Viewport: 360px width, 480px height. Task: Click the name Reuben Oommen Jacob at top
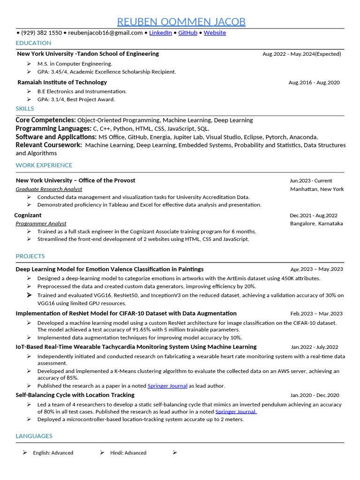tap(181, 22)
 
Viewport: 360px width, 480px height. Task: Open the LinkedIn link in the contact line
tap(160, 33)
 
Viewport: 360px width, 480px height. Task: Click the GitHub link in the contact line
tap(188, 33)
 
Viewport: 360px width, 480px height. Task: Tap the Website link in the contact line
tap(215, 33)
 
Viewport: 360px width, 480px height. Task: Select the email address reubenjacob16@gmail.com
tap(105, 33)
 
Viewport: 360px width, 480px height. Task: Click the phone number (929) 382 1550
tap(41, 33)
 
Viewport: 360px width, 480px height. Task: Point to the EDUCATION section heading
tap(33, 43)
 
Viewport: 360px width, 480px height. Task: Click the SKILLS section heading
tap(25, 109)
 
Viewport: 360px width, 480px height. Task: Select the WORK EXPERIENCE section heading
tap(44, 165)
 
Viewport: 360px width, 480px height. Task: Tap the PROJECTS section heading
tap(30, 256)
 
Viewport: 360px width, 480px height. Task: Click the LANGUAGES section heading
tap(34, 436)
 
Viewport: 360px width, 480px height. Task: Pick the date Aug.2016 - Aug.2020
tap(314, 82)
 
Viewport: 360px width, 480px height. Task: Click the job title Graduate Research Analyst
tap(49, 189)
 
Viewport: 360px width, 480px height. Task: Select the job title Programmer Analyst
tap(41, 224)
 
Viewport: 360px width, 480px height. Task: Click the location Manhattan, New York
tap(317, 189)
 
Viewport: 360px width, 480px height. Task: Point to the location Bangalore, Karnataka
tap(316, 224)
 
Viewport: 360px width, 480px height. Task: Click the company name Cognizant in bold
tap(28, 215)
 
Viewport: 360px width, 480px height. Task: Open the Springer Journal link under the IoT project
tap(167, 386)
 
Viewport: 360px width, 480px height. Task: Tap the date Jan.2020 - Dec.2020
tap(315, 395)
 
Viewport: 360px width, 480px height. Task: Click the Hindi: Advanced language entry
tap(128, 453)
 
